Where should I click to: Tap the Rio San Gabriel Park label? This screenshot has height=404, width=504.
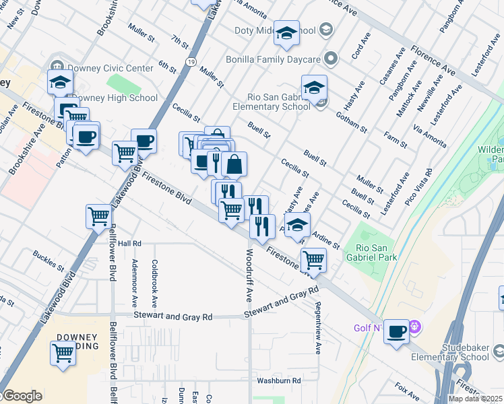371,251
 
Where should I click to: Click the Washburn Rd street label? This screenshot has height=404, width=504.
278,380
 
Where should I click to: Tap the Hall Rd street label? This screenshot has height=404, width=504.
130,243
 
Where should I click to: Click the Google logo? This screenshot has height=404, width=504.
22,396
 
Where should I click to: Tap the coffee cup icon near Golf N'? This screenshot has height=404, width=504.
396,331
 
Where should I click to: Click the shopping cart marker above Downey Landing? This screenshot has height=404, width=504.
63,351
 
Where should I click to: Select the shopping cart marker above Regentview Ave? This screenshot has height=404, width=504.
313,259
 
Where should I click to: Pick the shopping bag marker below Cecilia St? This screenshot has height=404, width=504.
234,164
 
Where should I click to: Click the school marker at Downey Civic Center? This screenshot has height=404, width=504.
60,82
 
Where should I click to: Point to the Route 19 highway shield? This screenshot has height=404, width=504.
193,62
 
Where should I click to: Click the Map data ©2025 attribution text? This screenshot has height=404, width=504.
475,399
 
